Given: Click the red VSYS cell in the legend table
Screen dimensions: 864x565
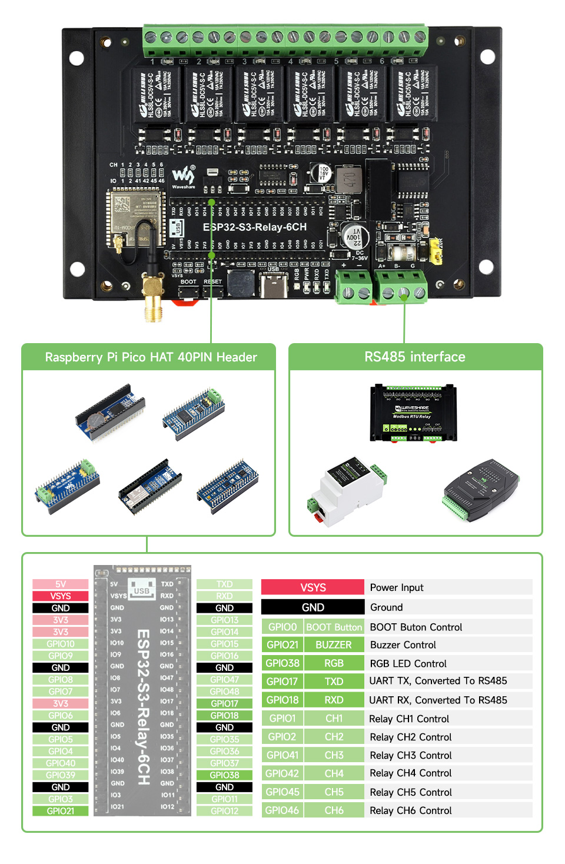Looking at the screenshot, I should pos(313,587).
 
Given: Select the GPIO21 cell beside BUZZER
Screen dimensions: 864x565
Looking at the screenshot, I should pos(282,645).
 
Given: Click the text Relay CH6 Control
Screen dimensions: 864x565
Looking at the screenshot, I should pos(410,810).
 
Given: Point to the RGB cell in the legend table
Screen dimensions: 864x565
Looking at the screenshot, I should pos(334,663).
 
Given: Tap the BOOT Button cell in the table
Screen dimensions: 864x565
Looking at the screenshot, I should pos(334,627).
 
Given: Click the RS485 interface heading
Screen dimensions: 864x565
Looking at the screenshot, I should pos(415,357).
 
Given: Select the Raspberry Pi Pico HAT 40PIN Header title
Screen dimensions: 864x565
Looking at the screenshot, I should pos(151,357).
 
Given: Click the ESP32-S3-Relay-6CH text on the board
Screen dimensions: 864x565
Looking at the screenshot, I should pos(254,227).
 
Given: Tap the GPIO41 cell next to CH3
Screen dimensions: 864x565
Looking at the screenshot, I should pos(282,755).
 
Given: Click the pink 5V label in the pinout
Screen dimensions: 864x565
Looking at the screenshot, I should pos(61,584).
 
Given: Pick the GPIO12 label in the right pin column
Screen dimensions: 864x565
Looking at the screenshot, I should pos(224,811).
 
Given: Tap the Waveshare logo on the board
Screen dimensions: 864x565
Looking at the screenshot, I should pos(183,176).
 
